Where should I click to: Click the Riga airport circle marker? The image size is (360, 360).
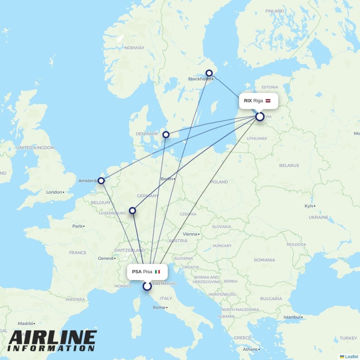click(260, 117)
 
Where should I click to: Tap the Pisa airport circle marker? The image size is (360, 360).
click(147, 286)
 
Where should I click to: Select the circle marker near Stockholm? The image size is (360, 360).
click(209, 73)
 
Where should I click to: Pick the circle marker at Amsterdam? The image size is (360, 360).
click(101, 180)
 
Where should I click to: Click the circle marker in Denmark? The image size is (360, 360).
click(166, 135)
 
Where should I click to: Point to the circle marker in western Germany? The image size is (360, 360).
click(132, 210)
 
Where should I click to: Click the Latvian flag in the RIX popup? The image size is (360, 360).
click(268, 101)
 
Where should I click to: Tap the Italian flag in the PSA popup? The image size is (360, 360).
click(157, 272)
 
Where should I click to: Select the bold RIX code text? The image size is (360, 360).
click(248, 101)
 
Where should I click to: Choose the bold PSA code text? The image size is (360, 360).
click(137, 272)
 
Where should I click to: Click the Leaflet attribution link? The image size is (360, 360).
click(351, 357)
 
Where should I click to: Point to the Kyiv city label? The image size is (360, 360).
click(309, 206)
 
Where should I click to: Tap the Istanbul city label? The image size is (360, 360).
click(292, 317)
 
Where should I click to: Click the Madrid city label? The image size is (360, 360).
click(25, 323)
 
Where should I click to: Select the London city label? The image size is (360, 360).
click(54, 192)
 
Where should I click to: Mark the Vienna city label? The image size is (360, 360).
click(190, 234)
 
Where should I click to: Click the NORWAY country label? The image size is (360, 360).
click(134, 48)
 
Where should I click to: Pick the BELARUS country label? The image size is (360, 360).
click(289, 166)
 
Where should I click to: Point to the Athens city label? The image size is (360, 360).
click(250, 349)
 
